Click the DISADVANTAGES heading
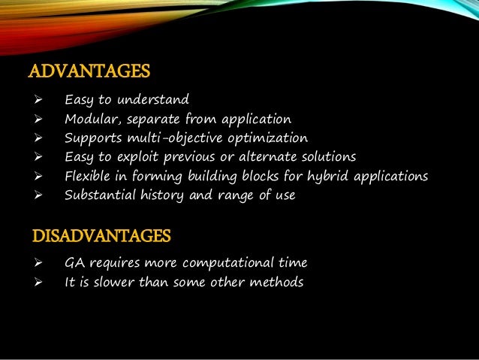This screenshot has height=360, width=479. point(101,237)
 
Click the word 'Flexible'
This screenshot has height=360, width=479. point(89,177)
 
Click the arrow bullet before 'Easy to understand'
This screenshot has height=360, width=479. point(35,100)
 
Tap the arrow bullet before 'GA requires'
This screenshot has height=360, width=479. point(35,264)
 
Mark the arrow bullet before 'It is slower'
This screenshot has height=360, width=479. point(35,283)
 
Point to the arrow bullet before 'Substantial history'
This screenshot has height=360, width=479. point(35,196)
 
